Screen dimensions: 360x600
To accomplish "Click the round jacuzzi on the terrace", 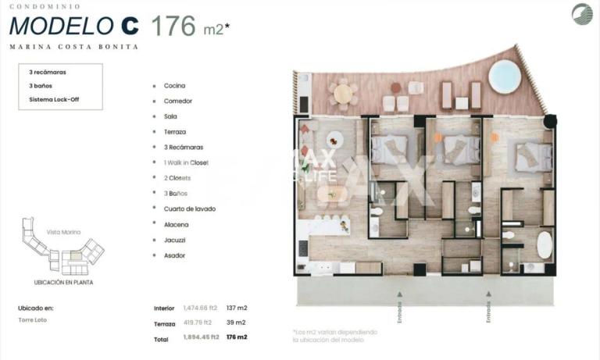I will (x=505, y=76).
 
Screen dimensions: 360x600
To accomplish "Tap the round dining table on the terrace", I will (x=343, y=93).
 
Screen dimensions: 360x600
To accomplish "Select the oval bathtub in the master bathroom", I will (x=545, y=244).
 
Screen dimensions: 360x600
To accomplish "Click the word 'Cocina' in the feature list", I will (x=174, y=85).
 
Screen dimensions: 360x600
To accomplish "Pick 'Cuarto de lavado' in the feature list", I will (x=189, y=209).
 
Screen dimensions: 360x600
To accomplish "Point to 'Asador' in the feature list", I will (x=175, y=255).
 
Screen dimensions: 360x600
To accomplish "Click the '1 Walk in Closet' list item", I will (x=186, y=162).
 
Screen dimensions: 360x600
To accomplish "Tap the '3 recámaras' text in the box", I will (x=48, y=72).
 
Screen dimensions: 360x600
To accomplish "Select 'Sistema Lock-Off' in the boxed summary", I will (x=54, y=99).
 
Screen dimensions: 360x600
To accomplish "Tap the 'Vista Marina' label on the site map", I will (x=63, y=232).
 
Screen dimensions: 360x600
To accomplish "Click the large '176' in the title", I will (x=173, y=26).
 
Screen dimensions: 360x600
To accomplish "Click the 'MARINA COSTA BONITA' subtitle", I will (x=74, y=47).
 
